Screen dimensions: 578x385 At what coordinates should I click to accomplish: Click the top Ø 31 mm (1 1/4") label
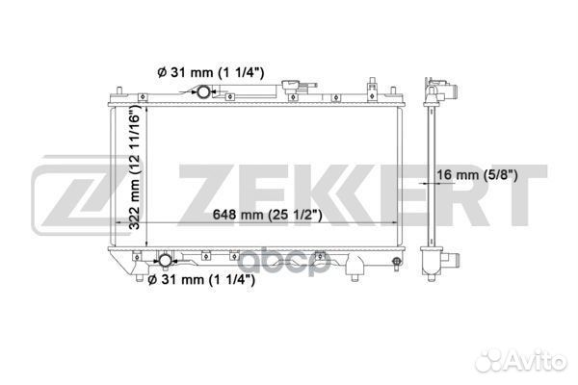[210, 72]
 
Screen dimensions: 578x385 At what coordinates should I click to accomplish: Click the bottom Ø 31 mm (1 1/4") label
[201, 280]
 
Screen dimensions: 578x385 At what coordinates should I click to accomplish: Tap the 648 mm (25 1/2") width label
[267, 214]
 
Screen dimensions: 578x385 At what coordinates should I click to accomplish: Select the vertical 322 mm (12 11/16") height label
[135, 167]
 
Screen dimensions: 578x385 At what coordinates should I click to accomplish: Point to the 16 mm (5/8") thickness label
[477, 174]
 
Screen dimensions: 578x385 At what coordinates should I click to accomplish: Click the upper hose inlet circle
[203, 91]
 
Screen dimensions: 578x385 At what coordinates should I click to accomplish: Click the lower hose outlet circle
[165, 261]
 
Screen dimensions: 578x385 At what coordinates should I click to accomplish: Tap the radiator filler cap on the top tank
[292, 87]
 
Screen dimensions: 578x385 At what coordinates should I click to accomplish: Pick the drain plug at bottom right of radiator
[397, 263]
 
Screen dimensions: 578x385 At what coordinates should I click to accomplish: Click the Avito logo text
[520, 360]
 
